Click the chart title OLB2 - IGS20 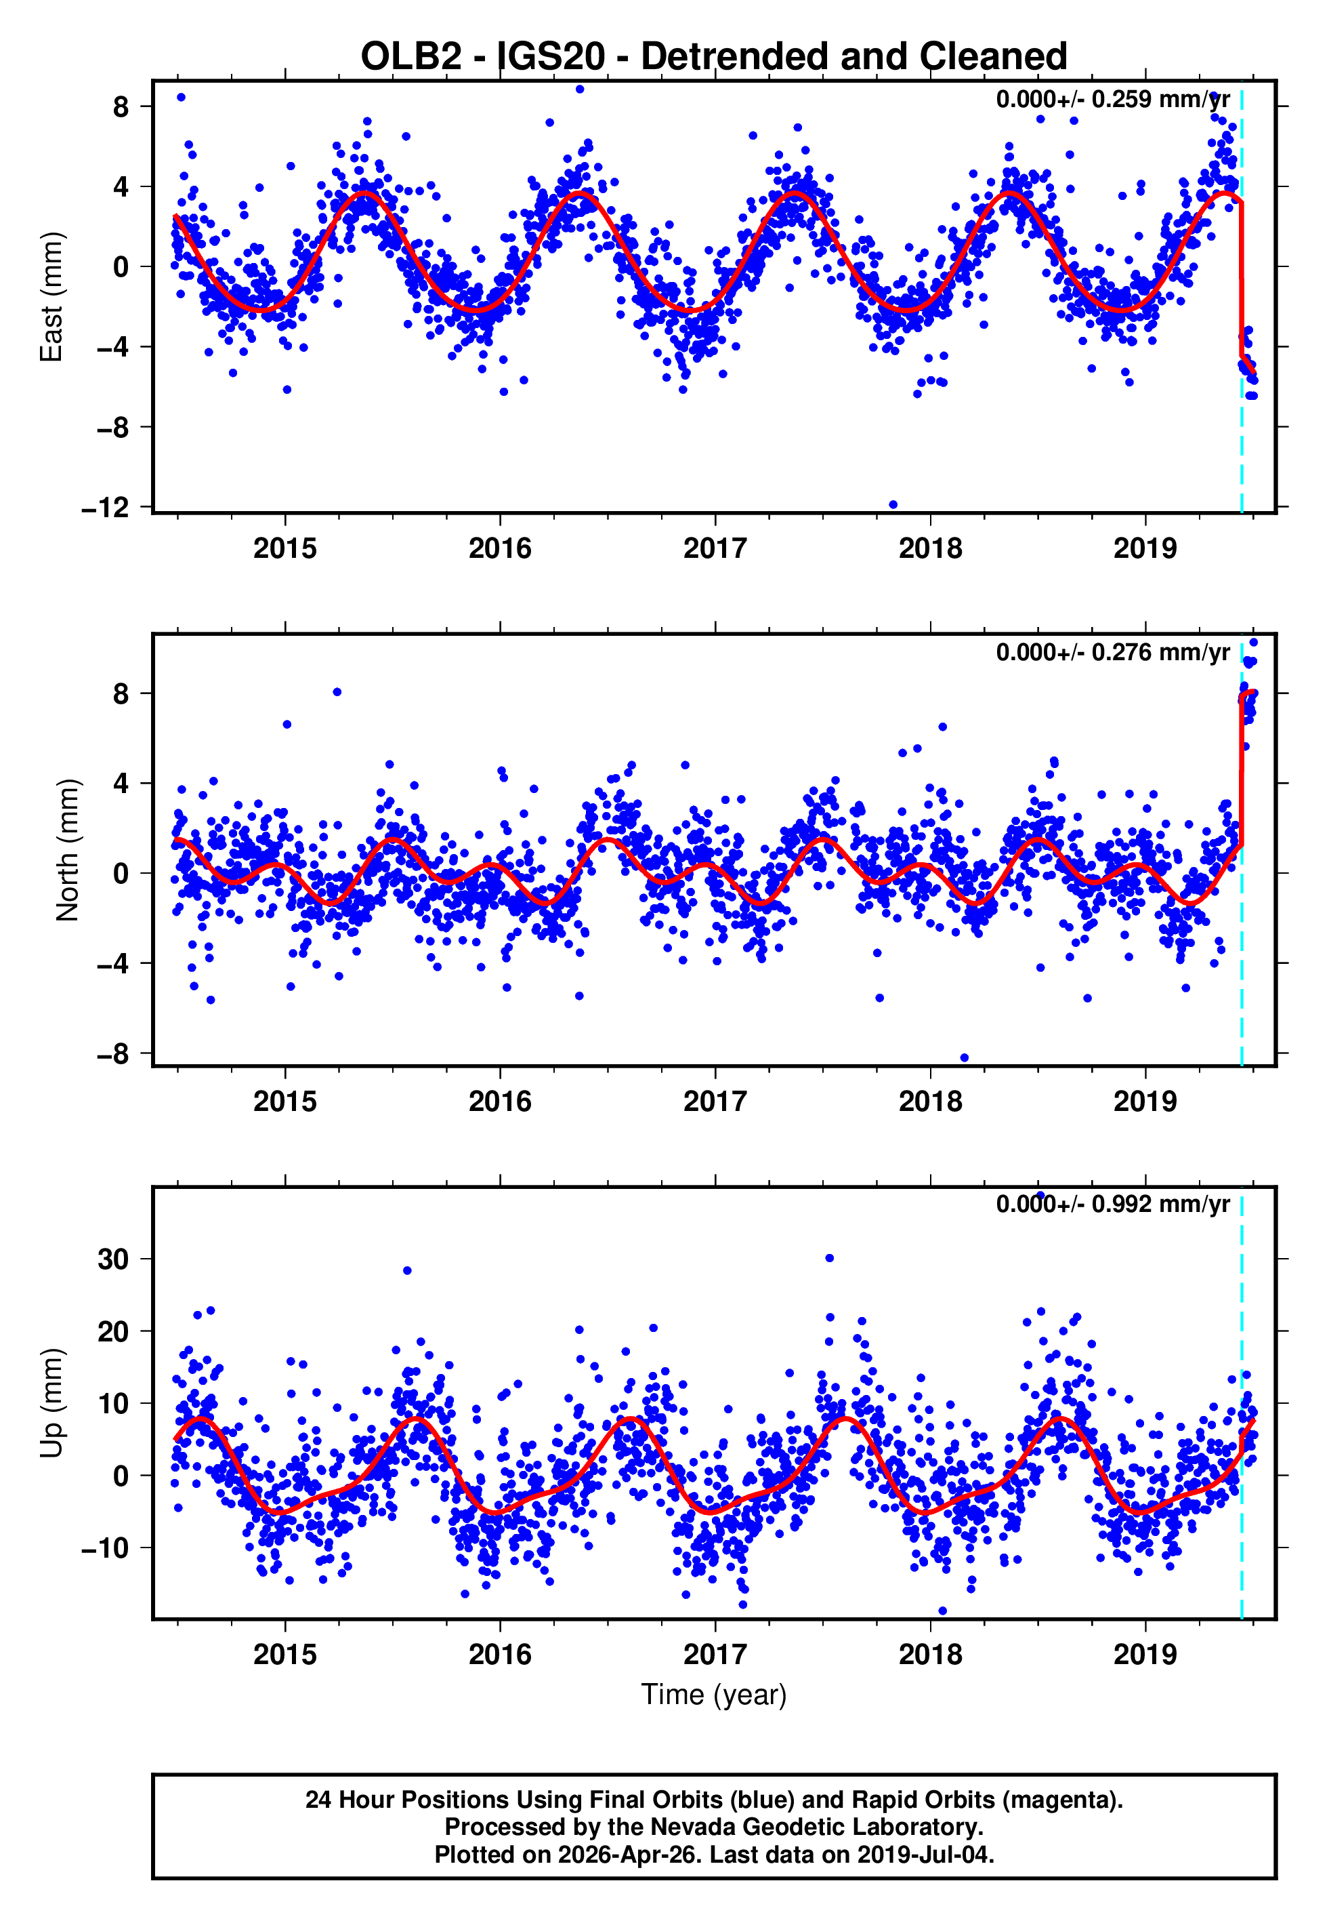coord(714,57)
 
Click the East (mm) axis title coord(51,297)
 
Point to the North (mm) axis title coord(66,850)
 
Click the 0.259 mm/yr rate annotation coord(1112,99)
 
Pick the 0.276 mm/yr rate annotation coord(1112,652)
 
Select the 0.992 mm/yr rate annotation coord(1112,1205)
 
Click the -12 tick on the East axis coord(106,507)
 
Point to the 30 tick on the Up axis coord(113,1259)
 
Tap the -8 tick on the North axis coord(113,1054)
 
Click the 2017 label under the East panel coord(715,548)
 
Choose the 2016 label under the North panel coord(500,1101)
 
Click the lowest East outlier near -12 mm coord(893,505)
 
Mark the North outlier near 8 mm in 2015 coord(337,692)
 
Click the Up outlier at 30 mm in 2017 coord(829,1259)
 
